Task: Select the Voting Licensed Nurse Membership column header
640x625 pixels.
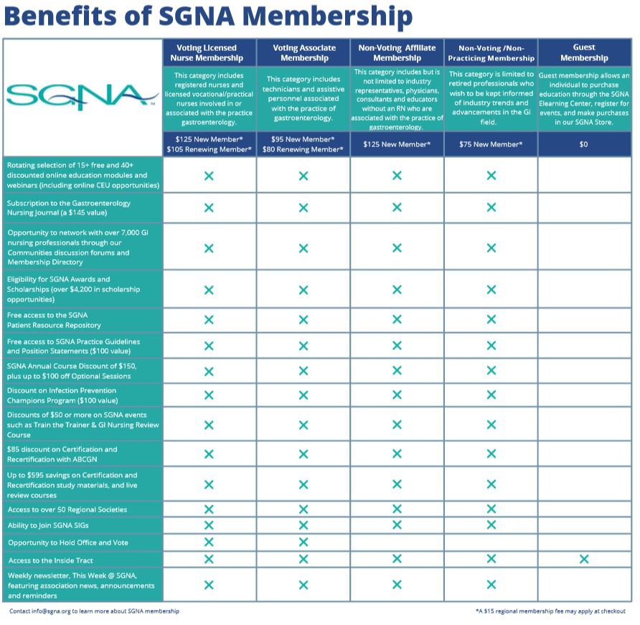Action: click(209, 52)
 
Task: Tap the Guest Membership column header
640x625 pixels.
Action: click(584, 52)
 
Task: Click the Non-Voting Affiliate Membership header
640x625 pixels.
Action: click(397, 52)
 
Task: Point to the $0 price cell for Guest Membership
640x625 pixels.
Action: click(584, 144)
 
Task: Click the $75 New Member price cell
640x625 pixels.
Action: click(491, 144)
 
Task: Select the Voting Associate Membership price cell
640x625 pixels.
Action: click(303, 144)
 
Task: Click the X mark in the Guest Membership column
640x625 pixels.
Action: click(584, 559)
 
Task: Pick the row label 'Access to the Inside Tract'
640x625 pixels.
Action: click(51, 560)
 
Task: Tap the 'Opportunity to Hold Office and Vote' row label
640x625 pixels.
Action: click(68, 542)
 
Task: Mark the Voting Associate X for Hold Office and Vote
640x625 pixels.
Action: click(303, 542)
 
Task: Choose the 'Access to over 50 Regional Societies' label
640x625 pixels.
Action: click(67, 509)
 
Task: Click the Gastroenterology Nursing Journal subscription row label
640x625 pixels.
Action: click(69, 208)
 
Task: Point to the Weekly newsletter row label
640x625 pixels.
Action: click(80, 586)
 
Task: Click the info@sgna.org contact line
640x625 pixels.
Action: click(94, 611)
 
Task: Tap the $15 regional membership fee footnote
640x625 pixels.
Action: click(550, 611)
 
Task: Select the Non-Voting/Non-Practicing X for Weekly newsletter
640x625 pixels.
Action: click(491, 585)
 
